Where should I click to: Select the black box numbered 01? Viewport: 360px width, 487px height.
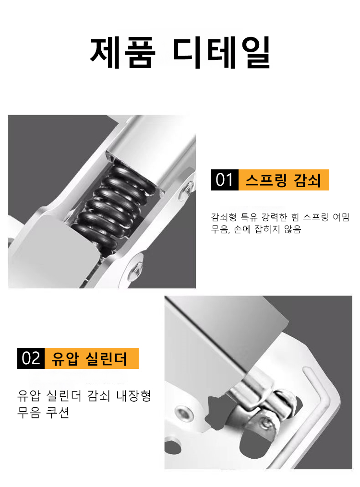pos(224,180)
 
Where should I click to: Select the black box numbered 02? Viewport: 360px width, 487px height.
pos(31,358)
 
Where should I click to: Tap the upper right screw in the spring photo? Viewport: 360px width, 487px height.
pos(185,192)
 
